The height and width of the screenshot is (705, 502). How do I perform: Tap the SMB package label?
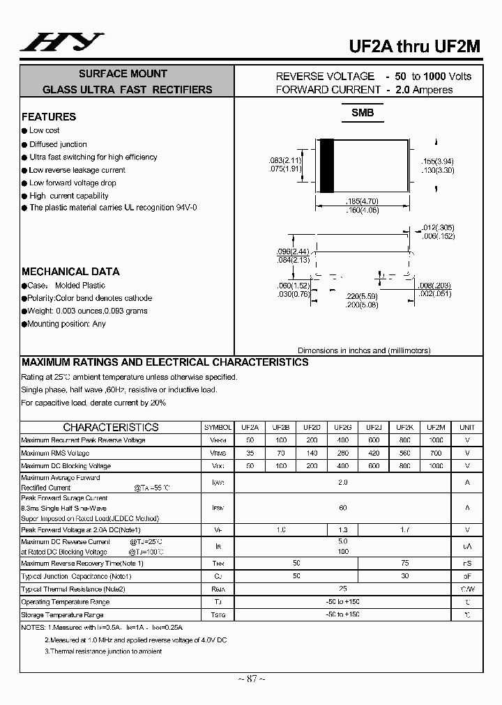[362, 113]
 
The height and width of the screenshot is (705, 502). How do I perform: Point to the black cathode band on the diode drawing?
[326, 166]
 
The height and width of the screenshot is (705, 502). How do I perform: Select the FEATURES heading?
[49, 117]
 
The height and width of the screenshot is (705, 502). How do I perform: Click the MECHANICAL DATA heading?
[70, 272]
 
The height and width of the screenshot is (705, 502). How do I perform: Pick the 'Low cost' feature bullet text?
[44, 130]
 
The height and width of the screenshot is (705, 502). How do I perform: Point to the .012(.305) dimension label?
[439, 227]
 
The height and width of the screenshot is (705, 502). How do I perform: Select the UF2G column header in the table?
[342, 427]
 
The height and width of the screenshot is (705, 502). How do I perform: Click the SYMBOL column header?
[218, 427]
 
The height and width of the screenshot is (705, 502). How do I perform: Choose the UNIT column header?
[467, 427]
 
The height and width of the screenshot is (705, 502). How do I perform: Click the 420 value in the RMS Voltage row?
[373, 453]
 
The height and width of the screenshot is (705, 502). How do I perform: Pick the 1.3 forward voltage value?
[342, 530]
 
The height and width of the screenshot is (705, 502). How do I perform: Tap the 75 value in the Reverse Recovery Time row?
[404, 563]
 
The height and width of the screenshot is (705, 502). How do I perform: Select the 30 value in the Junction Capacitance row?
[404, 576]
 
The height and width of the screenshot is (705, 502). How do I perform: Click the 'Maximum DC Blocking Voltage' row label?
[66, 465]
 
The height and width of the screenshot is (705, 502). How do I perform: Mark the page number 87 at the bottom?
[250, 679]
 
